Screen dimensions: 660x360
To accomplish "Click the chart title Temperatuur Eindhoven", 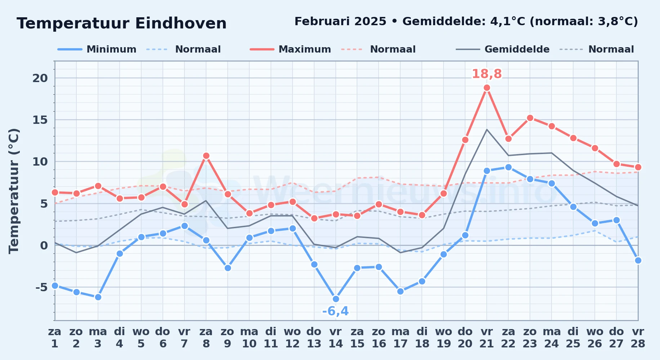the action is point(122,23).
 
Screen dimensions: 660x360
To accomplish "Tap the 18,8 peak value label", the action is point(487,74).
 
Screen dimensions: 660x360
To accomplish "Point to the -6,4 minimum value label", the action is point(335,311).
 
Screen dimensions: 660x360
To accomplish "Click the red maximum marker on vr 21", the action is point(487,88).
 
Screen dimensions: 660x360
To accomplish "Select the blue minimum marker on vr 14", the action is point(336,299).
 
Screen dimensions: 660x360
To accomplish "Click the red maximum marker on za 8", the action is point(206,156).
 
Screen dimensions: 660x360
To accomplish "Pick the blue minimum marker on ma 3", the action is point(98,297).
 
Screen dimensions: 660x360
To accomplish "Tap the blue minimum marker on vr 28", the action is point(638,260).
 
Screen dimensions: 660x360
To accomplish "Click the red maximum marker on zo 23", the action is point(530,118).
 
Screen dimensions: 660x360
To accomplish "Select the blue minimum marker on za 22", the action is point(508,167).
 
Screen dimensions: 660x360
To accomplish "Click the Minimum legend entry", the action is point(97,49).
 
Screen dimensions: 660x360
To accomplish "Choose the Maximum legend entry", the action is point(290,49).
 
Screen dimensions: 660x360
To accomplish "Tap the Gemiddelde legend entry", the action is point(503,49).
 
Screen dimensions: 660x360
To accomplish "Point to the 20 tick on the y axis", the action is point(40,78).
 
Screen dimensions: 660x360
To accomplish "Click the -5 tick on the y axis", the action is point(41,287).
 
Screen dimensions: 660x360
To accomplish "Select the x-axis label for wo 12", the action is point(292,338).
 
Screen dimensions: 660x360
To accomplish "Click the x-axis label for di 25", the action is point(573,338).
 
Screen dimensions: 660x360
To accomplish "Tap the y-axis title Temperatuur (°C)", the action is point(14,191).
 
